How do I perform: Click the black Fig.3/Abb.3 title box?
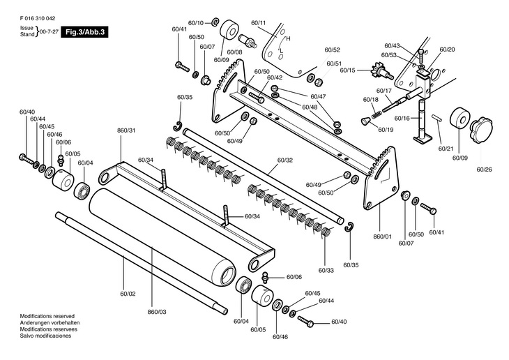click(84, 32)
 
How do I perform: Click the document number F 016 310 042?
click(38, 19)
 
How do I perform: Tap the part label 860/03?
click(157, 312)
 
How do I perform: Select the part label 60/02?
click(128, 294)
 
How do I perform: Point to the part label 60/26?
click(484, 170)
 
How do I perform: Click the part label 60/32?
click(285, 160)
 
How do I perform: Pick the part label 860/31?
click(126, 130)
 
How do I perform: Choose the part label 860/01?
click(382, 237)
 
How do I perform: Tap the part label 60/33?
click(326, 270)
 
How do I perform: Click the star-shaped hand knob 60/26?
click(481, 128)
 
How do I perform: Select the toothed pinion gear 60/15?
click(381, 71)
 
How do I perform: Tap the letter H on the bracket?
click(288, 38)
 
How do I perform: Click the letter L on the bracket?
click(282, 51)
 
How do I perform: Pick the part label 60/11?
click(259, 23)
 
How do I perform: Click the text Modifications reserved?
click(47, 316)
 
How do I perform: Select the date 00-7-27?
click(49, 32)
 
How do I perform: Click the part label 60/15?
click(348, 70)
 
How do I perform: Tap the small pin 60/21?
click(436, 118)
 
